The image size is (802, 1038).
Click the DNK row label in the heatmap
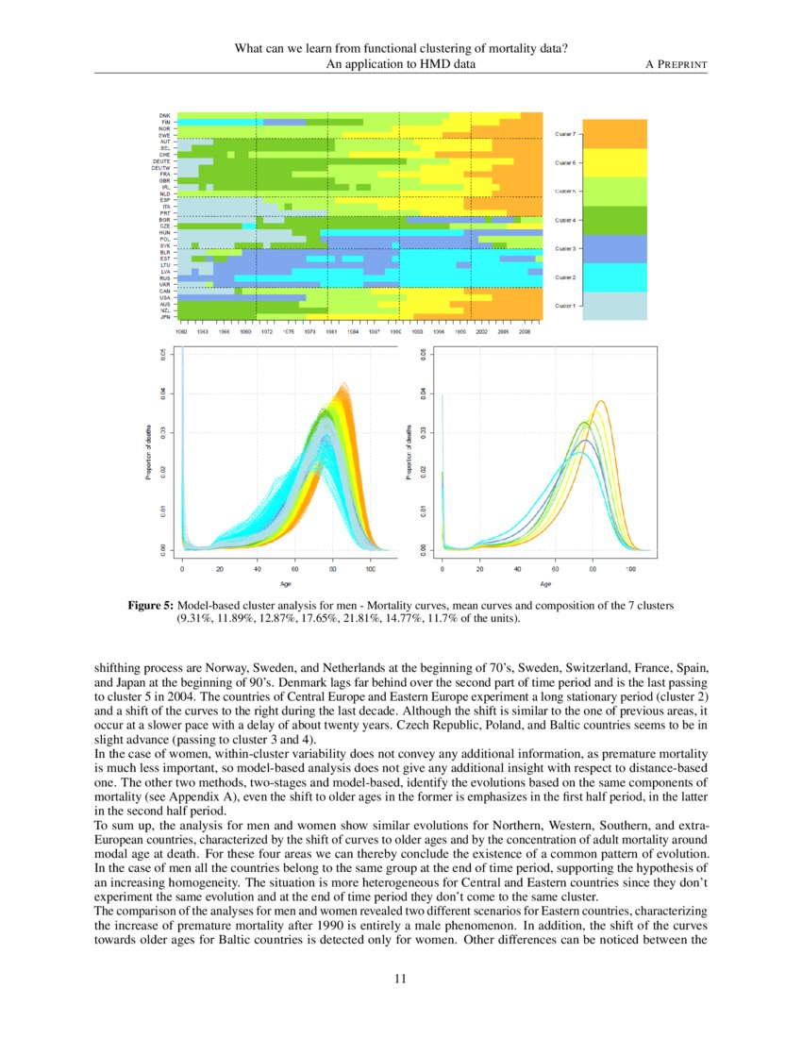click(164, 115)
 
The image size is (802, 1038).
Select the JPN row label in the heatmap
click(164, 317)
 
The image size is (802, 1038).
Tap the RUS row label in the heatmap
click(164, 278)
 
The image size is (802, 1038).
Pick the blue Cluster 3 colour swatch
click(615, 248)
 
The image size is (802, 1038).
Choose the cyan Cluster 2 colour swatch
click(615, 277)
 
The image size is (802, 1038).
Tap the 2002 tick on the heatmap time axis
click(482, 332)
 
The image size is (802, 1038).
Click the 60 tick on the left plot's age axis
click(295, 570)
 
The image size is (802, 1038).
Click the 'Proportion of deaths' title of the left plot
click(149, 451)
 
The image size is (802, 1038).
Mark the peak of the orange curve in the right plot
click(599, 401)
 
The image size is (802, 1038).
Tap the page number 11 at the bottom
click(400, 979)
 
